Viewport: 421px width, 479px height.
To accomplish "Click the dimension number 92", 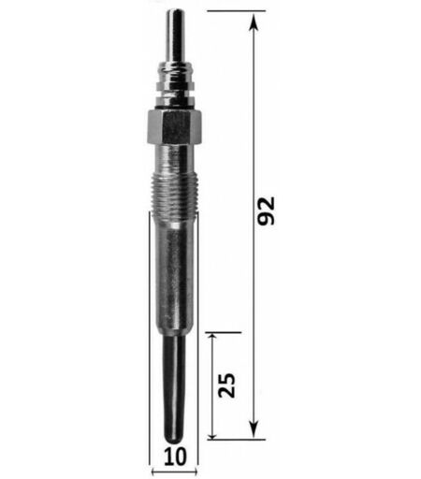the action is point(266,210).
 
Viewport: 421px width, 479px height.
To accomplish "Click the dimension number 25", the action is point(227,385).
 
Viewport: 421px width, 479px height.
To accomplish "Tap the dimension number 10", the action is point(175,457).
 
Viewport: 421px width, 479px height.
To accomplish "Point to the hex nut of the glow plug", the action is point(174,127).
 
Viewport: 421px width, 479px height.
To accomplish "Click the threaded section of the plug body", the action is point(174,196).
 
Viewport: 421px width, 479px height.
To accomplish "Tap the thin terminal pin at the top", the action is point(175,36).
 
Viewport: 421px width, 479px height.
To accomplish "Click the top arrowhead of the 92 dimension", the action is point(254,22).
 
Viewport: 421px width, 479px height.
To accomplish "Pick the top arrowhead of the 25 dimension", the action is point(212,339).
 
